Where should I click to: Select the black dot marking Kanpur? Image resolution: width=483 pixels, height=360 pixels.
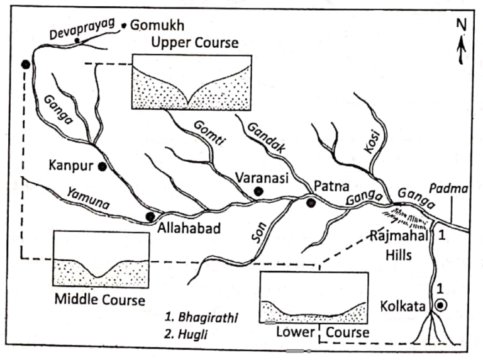pos(102,166)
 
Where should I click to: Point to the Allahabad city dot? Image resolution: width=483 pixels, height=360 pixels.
pos(150,217)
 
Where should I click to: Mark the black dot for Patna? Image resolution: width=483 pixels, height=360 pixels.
pos(311,203)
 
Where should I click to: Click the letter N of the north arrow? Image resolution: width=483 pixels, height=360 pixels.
pos(461,25)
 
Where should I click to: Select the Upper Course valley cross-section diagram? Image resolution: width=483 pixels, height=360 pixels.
pos(192,82)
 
